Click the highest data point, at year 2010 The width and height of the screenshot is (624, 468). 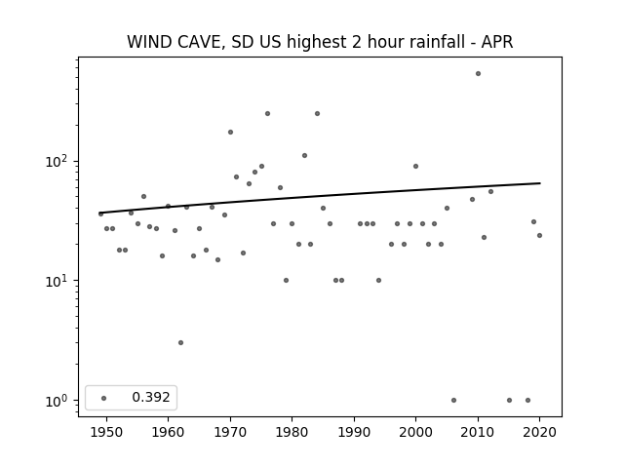478,74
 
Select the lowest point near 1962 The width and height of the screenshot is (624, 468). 180,342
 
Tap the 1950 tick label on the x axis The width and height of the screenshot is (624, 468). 106,432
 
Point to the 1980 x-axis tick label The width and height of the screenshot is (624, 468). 292,432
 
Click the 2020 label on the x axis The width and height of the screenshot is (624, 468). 539,432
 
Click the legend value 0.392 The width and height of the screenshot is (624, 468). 151,397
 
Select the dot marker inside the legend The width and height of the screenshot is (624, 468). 104,398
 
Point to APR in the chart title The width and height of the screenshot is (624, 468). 497,42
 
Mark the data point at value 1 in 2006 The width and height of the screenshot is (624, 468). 453,401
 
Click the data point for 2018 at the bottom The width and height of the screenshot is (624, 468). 527,401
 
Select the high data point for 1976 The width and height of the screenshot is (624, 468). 267,114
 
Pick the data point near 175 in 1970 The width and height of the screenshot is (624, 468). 230,133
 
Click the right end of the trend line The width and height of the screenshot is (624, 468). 540,183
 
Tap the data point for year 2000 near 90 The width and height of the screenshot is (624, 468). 416,167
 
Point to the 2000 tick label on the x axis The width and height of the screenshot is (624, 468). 416,432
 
